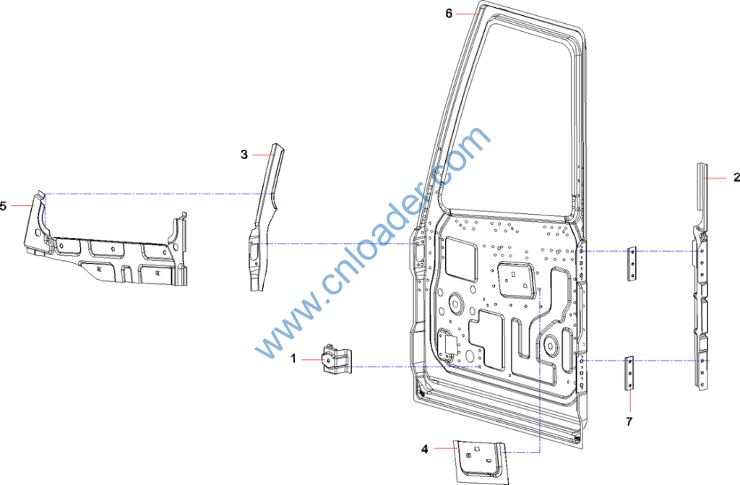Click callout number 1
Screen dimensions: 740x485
point(293,359)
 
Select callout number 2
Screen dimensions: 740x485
point(736,177)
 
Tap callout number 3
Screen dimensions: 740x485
point(244,155)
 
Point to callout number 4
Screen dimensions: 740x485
point(425,449)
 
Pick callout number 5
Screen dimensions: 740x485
point(4,206)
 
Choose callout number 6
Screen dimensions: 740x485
point(449,14)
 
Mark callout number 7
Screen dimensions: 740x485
point(629,421)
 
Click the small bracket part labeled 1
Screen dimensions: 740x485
point(337,360)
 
